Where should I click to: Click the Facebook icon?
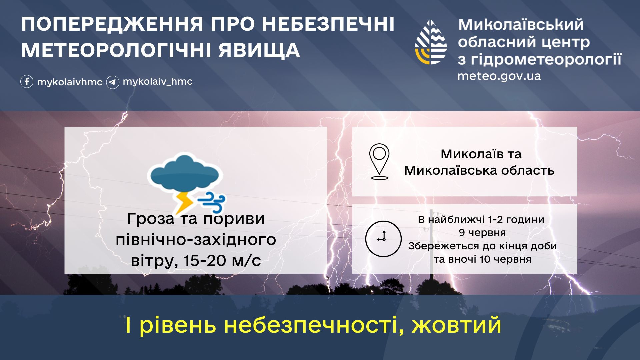pyautogui.click(x=27, y=82)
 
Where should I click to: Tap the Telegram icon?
pyautogui.click(x=113, y=82)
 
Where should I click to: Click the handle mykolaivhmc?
pyautogui.click(x=70, y=82)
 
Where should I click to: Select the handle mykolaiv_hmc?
pyautogui.click(x=158, y=81)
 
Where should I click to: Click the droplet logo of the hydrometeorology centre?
pyautogui.click(x=431, y=42)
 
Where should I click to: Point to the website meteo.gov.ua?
pyautogui.click(x=499, y=76)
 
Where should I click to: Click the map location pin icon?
pyautogui.click(x=379, y=162)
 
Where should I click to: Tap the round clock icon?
pyautogui.click(x=383, y=239)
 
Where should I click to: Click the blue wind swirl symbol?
pyautogui.click(x=211, y=202)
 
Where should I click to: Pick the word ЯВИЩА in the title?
pyautogui.click(x=259, y=50)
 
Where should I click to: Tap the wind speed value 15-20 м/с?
pyautogui.click(x=222, y=260)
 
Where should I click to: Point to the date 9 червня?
pyautogui.click(x=482, y=233)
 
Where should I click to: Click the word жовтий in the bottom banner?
pyautogui.click(x=456, y=325)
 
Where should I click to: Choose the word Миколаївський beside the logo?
pyautogui.click(x=521, y=25)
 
